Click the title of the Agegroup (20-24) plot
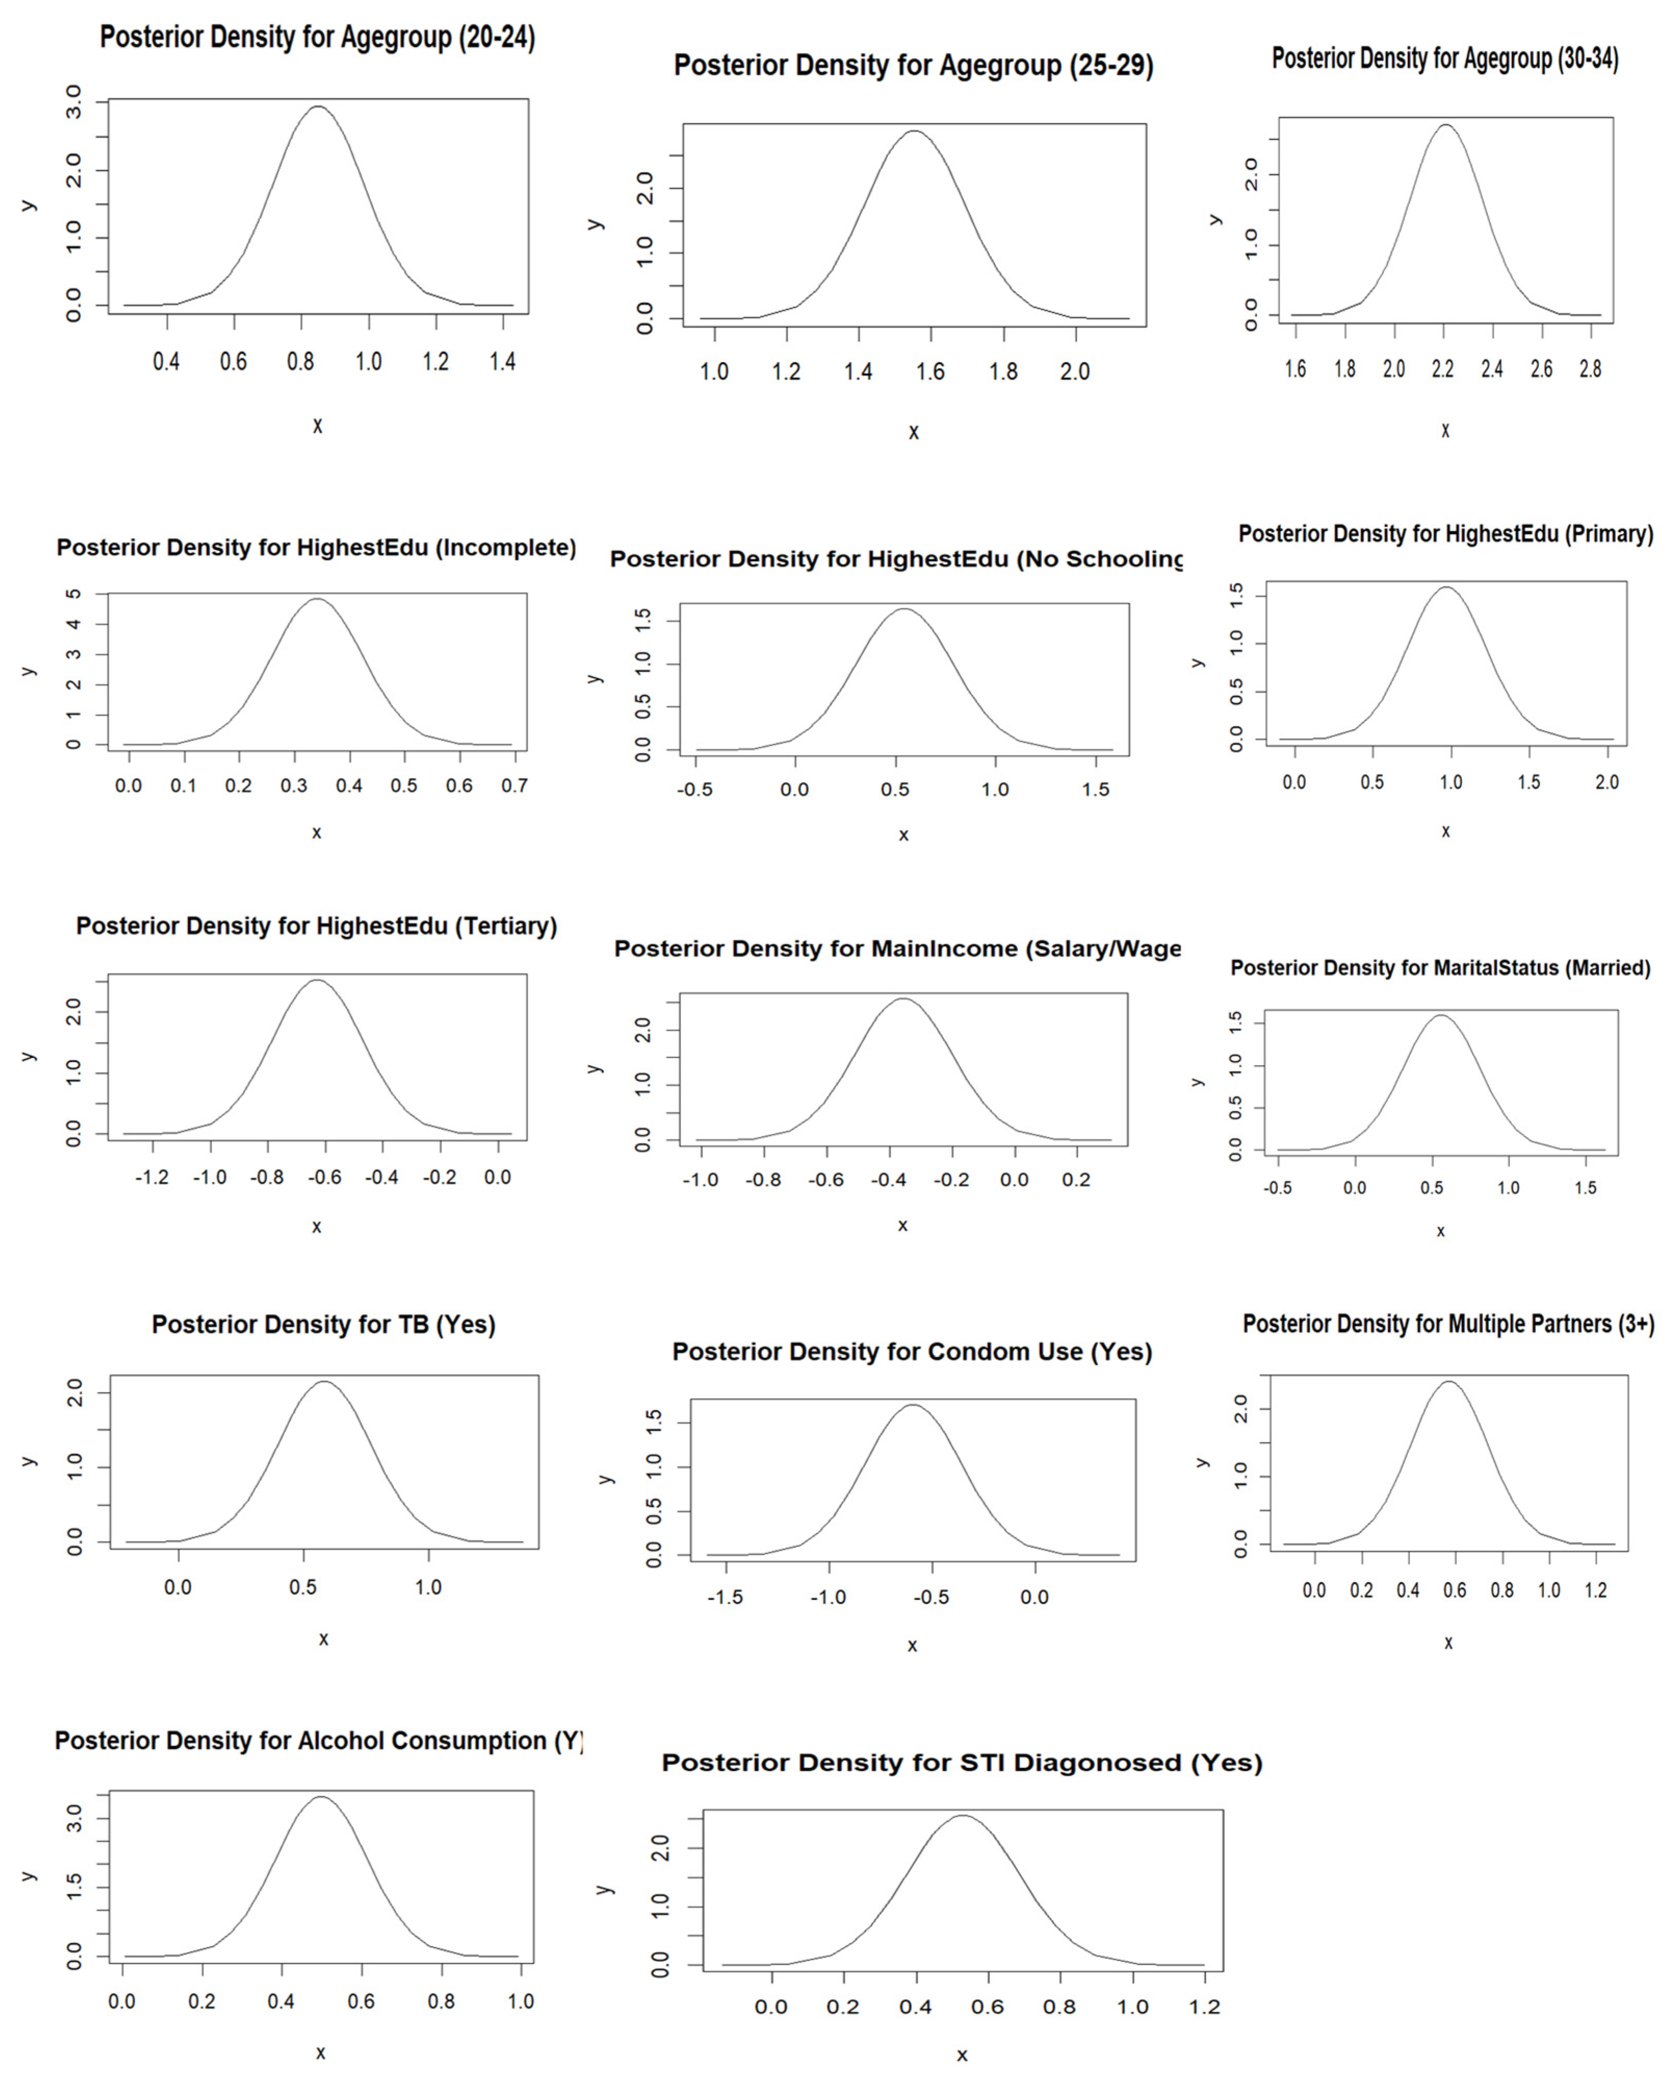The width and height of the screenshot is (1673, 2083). pyautogui.click(x=317, y=37)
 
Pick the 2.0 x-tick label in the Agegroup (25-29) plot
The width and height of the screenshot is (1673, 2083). pyautogui.click(x=1074, y=372)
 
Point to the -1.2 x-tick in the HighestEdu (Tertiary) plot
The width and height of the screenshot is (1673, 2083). pyautogui.click(x=152, y=1177)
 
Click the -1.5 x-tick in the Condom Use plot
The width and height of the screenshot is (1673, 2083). pyautogui.click(x=724, y=1597)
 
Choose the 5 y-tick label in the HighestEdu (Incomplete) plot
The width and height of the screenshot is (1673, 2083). pyautogui.click(x=73, y=594)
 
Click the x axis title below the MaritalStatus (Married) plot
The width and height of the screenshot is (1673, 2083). pyautogui.click(x=1440, y=1231)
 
